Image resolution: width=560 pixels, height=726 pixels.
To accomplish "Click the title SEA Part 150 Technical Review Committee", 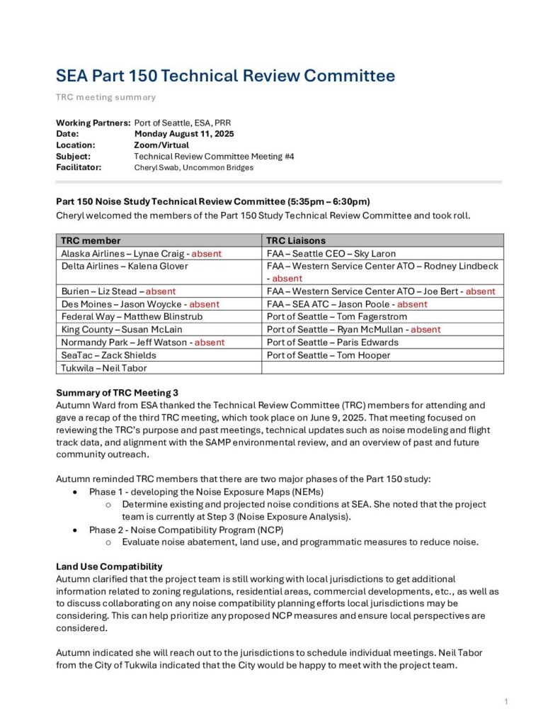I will pos(225,76).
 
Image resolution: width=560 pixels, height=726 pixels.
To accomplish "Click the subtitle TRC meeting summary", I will pos(105,97).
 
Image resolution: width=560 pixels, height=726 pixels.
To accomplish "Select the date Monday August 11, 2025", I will pos(184,133).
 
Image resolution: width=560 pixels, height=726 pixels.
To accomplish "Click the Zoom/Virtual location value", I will pos(161,145).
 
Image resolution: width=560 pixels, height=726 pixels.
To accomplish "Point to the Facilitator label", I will pos(79,167).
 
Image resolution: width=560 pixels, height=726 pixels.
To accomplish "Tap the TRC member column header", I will pos(91,240).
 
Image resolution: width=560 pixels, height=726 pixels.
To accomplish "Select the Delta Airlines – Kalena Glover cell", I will pos(125,266).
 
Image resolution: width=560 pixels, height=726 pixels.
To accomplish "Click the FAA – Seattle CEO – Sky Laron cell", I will pos(331,253).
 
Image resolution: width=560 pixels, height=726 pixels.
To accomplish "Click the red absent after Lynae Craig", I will pos(207,253).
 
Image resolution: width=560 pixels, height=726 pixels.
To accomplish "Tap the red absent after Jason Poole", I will pos(412,304).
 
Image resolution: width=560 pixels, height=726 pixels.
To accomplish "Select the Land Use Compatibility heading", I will pos(109,566).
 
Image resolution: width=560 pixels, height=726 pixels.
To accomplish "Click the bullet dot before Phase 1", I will pos(75,491).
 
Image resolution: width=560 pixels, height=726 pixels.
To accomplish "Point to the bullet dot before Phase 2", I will pos(75,530).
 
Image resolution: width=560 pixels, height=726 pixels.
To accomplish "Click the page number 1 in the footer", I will pos(506,702).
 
